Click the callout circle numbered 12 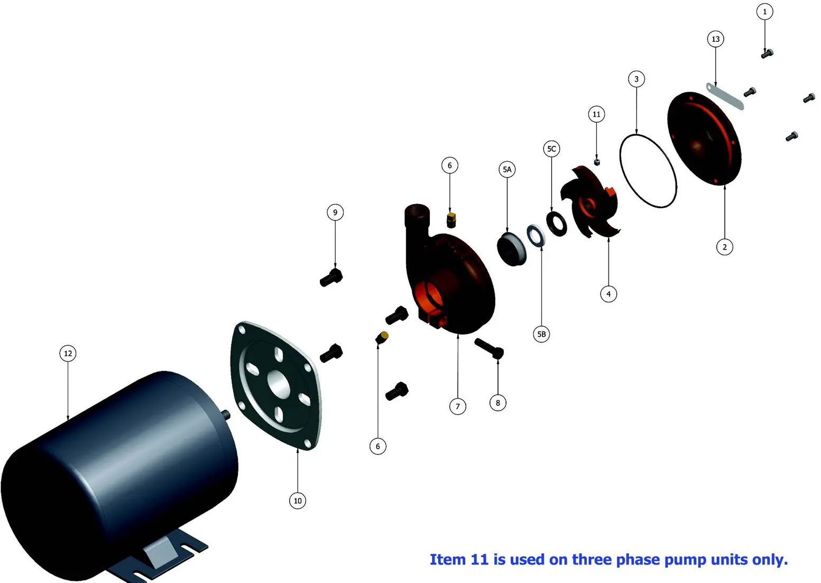point(68,354)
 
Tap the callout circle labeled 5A point(507,170)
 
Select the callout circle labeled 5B point(541,334)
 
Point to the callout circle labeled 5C point(551,149)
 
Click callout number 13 point(715,39)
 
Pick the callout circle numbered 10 point(298,501)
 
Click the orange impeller point(589,201)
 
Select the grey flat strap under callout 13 point(725,96)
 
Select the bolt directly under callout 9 point(331,277)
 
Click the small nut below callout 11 point(597,162)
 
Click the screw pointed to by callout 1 point(767,53)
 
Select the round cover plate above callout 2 point(704,138)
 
